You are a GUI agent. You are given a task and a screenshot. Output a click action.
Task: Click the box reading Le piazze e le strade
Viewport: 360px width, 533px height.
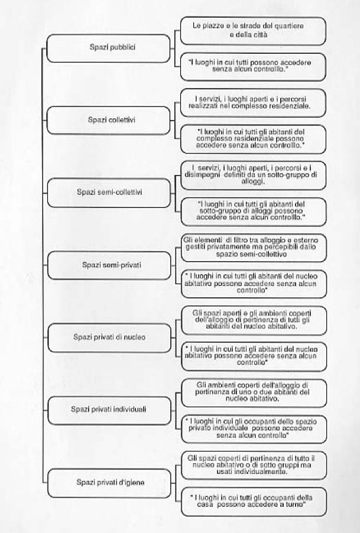point(253,31)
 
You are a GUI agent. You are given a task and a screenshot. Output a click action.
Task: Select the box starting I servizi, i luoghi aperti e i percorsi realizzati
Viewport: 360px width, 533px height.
point(253,102)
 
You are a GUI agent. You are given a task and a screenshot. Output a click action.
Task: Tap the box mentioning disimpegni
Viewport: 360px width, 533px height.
point(253,175)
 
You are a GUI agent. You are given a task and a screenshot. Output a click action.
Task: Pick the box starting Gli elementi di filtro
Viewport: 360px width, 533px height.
point(253,247)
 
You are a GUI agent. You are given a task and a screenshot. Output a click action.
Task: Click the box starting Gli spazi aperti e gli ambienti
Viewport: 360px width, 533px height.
point(253,320)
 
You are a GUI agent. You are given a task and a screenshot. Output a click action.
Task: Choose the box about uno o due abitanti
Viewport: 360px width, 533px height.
point(253,392)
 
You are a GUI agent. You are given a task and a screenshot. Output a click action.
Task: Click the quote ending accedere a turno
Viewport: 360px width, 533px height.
point(253,502)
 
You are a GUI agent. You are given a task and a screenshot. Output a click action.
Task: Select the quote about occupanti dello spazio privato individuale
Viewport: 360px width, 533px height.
point(253,430)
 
